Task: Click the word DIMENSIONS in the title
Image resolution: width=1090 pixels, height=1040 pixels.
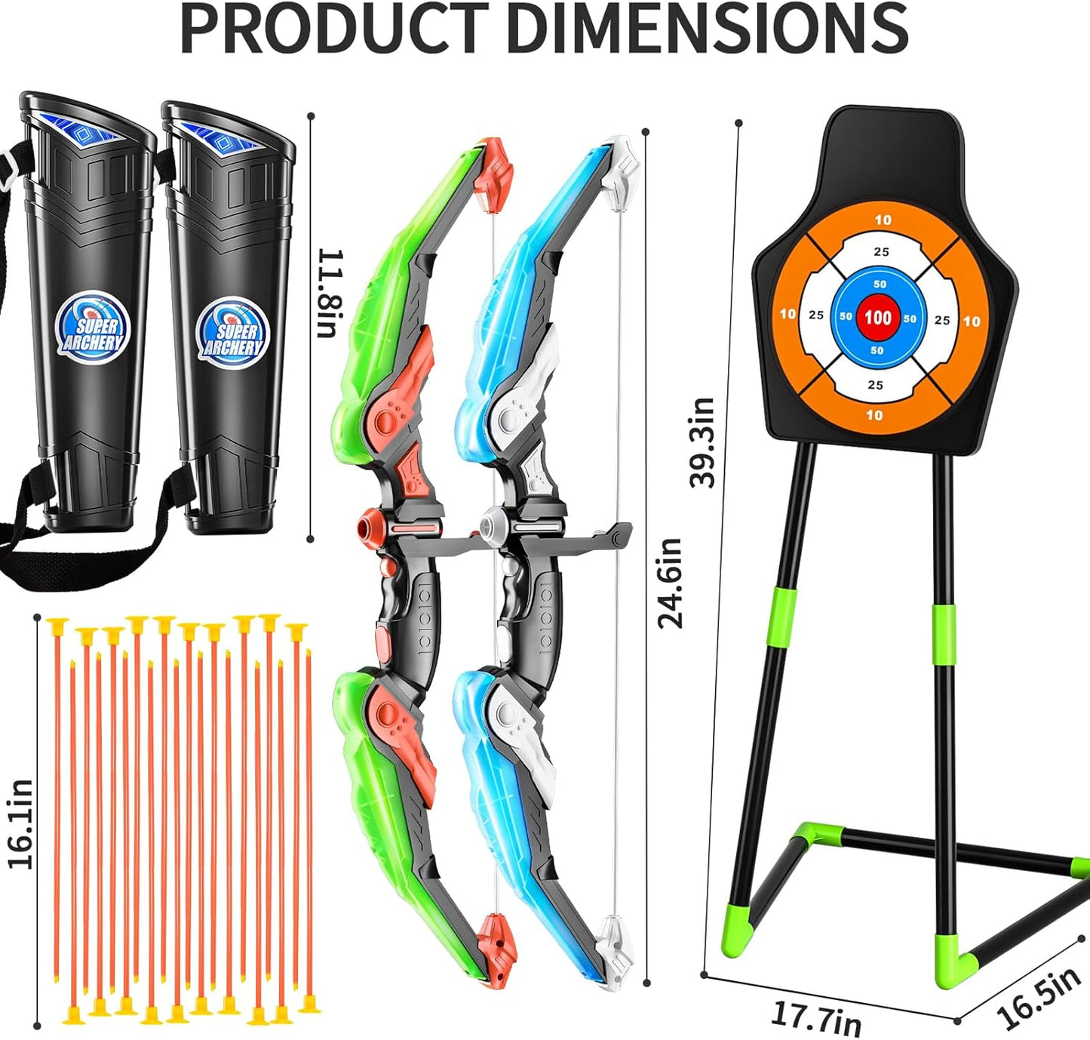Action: [x=708, y=28]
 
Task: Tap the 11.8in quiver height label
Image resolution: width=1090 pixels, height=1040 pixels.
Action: [x=330, y=294]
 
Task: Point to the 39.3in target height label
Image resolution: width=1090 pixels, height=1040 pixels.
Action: [x=702, y=442]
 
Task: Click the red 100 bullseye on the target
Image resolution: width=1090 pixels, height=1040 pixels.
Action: [x=877, y=317]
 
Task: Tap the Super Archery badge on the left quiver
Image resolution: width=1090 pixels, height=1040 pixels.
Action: [x=93, y=328]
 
